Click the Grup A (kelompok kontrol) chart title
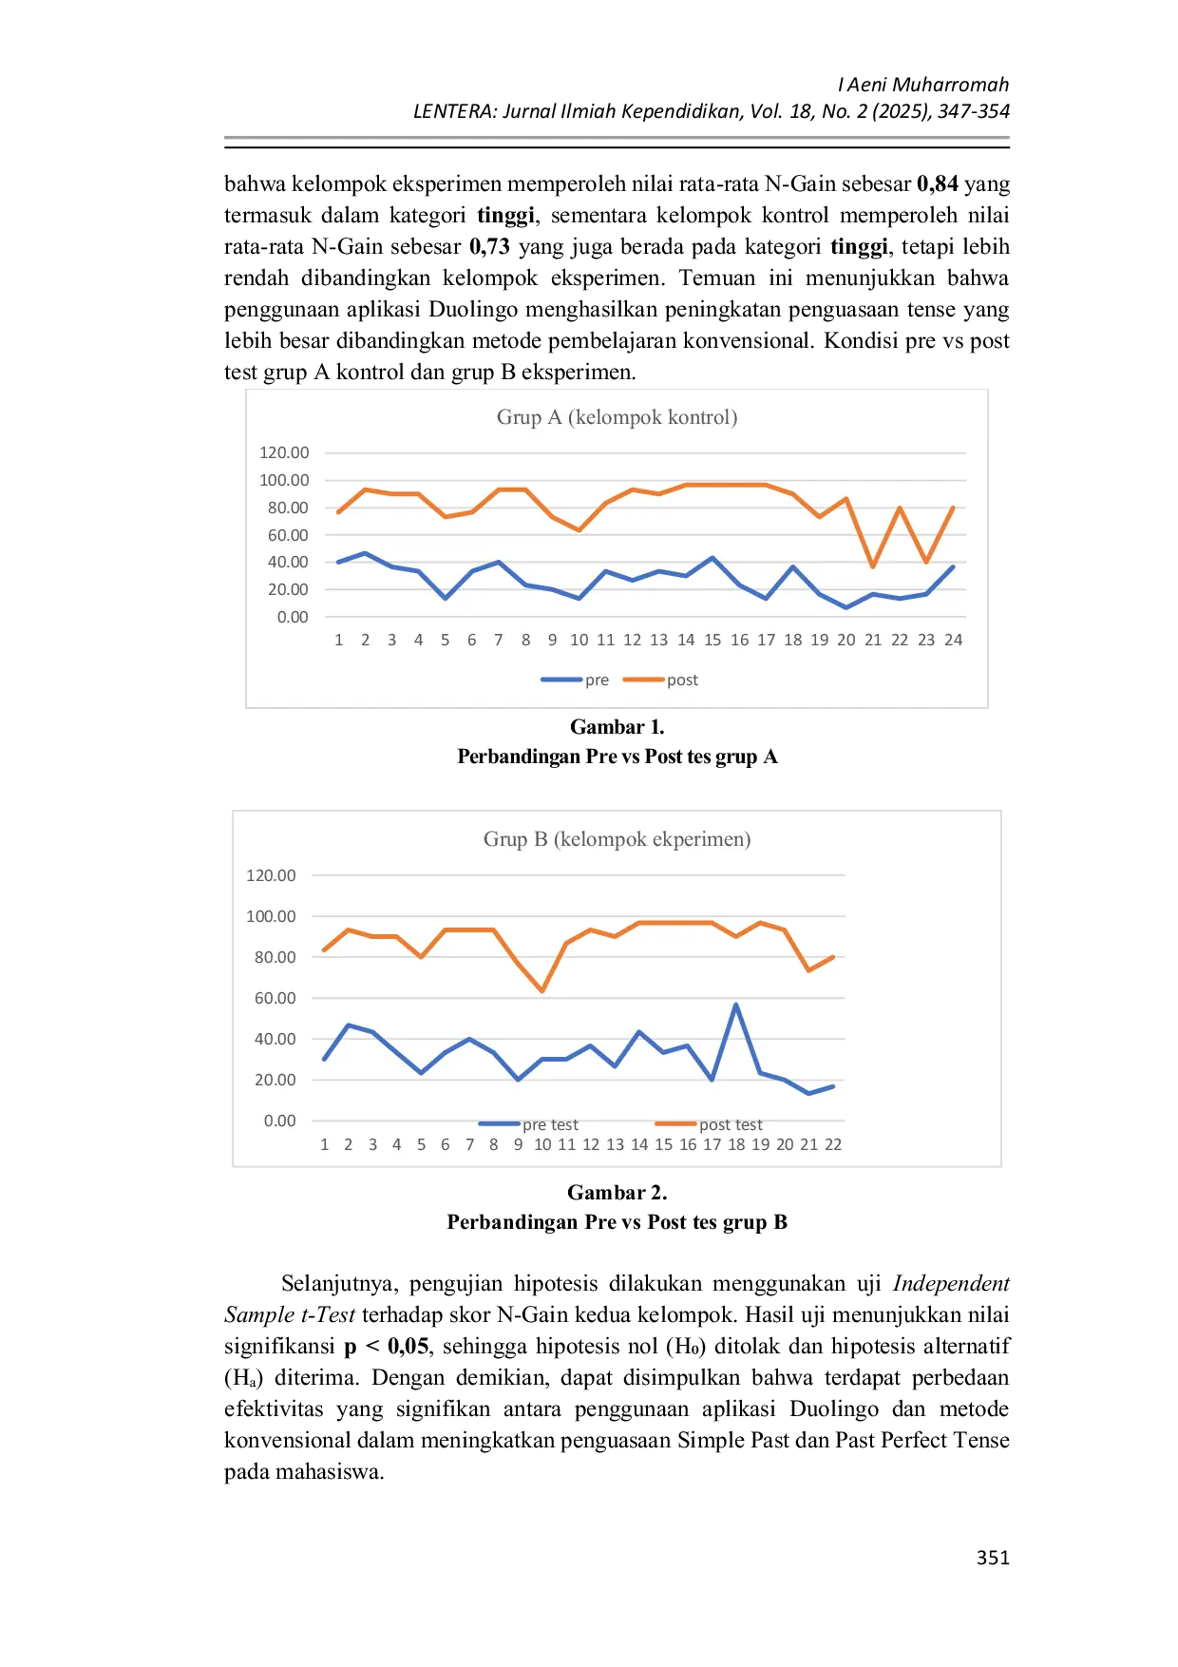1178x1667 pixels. coord(617,417)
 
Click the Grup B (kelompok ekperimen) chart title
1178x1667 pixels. coord(617,839)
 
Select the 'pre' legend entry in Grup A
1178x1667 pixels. coord(596,680)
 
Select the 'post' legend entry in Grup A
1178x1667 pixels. coord(681,680)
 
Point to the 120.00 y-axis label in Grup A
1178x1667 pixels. coord(284,452)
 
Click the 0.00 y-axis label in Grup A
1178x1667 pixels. coord(293,617)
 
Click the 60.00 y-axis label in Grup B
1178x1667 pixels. coord(275,998)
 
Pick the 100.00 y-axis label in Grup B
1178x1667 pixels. coord(271,916)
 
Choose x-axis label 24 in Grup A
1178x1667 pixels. coord(953,641)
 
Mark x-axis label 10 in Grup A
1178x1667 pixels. coord(579,641)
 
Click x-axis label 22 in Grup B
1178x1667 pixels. coord(833,1145)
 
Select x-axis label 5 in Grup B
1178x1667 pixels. coord(421,1145)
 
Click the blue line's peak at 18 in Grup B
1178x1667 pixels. coord(736,1005)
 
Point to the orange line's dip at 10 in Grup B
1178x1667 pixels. coord(542,991)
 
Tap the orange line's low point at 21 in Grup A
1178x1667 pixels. coord(873,567)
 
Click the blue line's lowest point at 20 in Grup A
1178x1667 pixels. coord(846,607)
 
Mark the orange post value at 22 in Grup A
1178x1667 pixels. coord(900,508)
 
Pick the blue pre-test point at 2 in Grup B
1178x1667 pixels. coord(349,1025)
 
